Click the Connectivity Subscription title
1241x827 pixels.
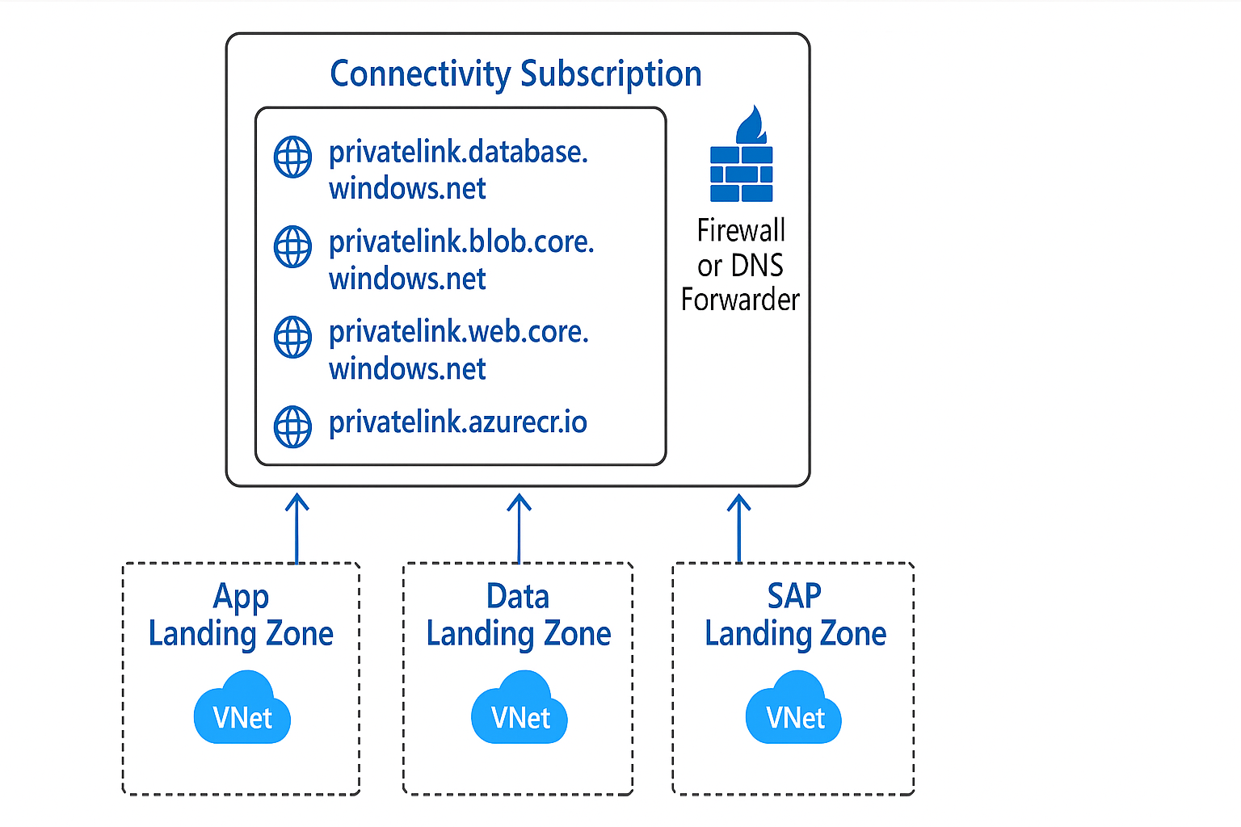tap(515, 73)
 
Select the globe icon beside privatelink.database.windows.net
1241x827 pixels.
tap(292, 157)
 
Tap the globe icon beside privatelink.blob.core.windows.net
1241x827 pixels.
tap(292, 246)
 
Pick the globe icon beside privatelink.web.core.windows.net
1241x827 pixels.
tap(292, 337)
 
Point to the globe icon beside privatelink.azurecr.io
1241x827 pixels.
tap(292, 426)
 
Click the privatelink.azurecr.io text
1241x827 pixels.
tap(457, 422)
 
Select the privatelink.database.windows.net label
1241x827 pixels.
tap(458, 170)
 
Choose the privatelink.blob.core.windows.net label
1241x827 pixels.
tap(461, 260)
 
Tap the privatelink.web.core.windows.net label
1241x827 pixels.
tap(458, 350)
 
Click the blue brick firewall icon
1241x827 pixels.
tap(741, 173)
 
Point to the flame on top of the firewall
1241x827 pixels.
tap(751, 124)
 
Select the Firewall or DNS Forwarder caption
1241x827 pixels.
tap(740, 265)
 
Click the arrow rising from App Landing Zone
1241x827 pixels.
tap(297, 528)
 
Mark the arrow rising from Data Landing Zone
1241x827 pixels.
tap(519, 528)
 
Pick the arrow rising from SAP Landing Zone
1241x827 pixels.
tap(738, 528)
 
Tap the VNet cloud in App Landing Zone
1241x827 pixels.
tap(242, 709)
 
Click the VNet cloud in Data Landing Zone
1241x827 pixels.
tap(520, 709)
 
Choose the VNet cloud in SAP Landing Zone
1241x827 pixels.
tap(793, 709)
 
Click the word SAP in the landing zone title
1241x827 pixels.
tap(793, 596)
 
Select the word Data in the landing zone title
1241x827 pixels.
tap(518, 596)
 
